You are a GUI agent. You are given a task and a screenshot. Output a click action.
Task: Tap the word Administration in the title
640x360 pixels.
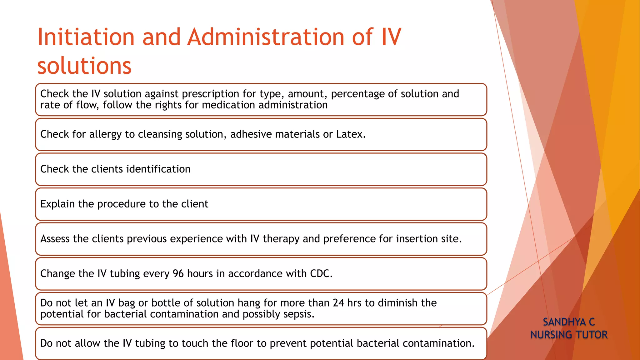coord(265,37)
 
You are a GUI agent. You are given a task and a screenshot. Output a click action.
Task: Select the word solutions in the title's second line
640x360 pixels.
coord(84,66)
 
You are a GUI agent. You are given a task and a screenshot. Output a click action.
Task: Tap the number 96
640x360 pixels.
coord(178,274)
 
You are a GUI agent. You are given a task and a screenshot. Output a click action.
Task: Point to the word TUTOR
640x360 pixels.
coord(592,335)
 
